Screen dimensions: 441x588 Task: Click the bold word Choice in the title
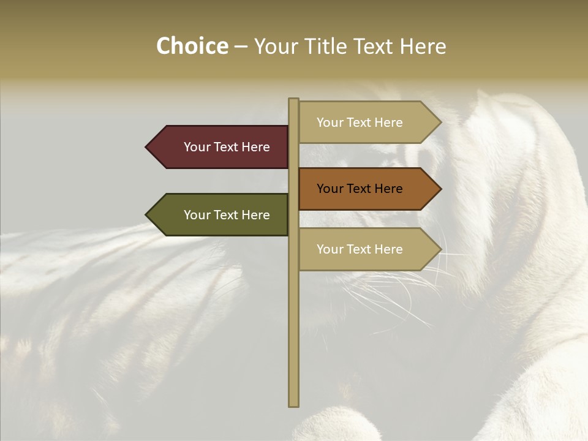[192, 46]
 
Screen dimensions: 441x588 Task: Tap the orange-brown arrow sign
[367, 189]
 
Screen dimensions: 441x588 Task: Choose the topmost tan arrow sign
[367, 123]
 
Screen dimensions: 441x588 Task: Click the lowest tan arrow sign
[367, 249]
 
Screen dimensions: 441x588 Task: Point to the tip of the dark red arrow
[147, 147]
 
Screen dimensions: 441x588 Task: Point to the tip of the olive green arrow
[147, 215]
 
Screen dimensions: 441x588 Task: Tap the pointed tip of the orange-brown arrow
[440, 189]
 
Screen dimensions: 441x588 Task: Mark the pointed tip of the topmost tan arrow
[440, 123]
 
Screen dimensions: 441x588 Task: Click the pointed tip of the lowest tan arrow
[440, 249]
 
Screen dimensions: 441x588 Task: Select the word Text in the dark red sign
[227, 147]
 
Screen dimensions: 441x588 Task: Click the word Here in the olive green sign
[255, 215]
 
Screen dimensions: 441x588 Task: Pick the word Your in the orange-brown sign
[330, 189]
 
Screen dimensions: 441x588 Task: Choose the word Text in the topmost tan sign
[360, 123]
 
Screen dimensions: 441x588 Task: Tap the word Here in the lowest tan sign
[388, 249]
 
